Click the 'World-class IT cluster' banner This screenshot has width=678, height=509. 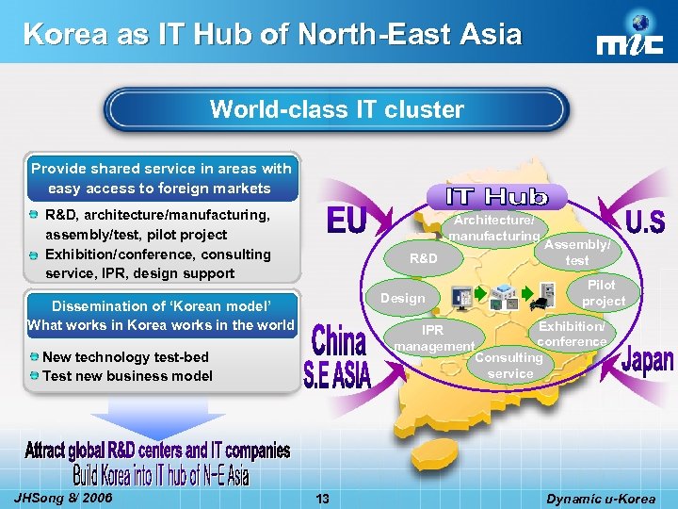[x=337, y=110]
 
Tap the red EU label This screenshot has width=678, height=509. [x=346, y=222]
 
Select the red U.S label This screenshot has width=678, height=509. [x=646, y=223]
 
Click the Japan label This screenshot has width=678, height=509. [x=648, y=360]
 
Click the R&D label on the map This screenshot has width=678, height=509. [x=424, y=256]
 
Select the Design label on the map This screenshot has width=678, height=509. [x=402, y=298]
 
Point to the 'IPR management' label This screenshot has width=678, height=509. [x=433, y=338]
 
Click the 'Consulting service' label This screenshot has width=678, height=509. [x=509, y=366]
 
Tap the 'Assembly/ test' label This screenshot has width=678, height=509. [x=576, y=252]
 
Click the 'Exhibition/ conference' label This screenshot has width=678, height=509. [x=573, y=333]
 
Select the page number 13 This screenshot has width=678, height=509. [x=323, y=499]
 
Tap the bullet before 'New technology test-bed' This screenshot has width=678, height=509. [x=34, y=356]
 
